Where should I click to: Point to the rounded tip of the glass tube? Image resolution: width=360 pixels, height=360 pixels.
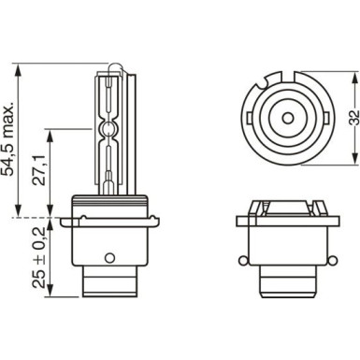pos(110,66)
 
